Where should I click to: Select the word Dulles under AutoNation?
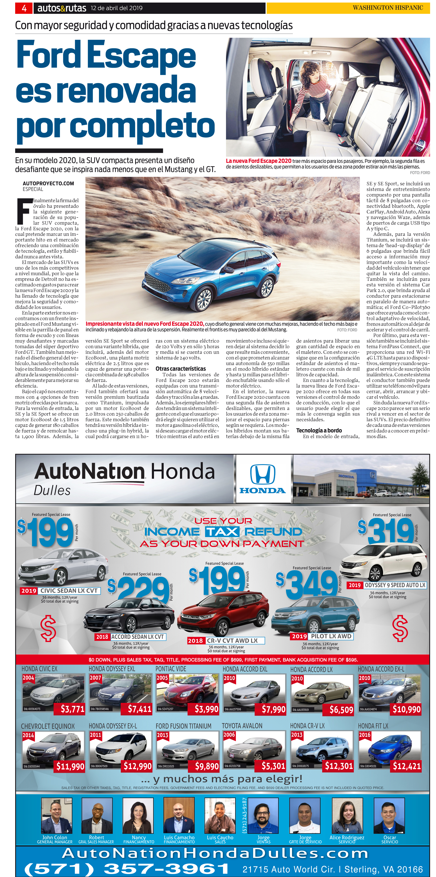pyautogui.click(x=52, y=490)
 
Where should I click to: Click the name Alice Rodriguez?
pyautogui.click(x=347, y=837)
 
